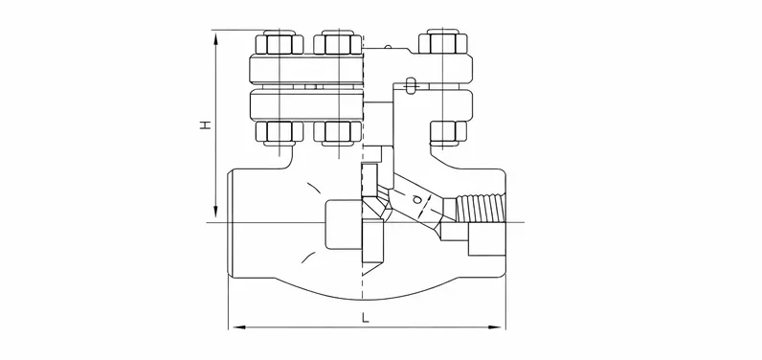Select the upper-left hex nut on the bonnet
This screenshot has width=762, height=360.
[x=280, y=44]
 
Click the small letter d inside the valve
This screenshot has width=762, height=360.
[x=417, y=199]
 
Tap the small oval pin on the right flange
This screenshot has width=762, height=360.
[x=411, y=86]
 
